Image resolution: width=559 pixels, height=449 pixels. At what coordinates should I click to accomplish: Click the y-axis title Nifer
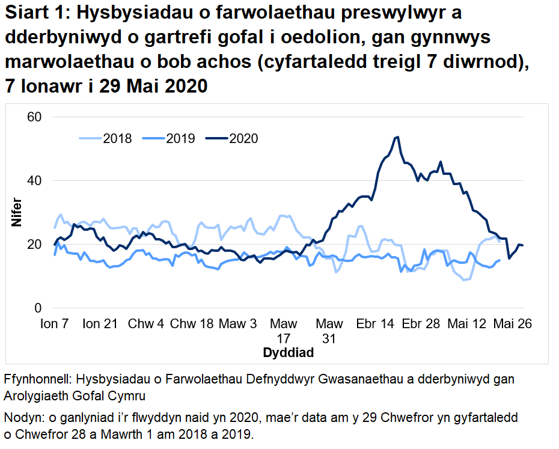pyautogui.click(x=16, y=212)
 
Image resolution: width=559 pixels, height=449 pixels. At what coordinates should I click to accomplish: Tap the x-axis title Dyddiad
pyautogui.click(x=288, y=353)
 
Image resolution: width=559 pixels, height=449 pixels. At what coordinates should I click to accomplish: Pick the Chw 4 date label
pyautogui.click(x=145, y=324)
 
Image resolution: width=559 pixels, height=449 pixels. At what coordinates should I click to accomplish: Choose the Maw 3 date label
pyautogui.click(x=237, y=324)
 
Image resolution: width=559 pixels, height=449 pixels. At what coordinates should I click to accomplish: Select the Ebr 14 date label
pyautogui.click(x=375, y=324)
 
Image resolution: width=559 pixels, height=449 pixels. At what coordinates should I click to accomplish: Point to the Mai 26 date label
pyautogui.click(x=512, y=324)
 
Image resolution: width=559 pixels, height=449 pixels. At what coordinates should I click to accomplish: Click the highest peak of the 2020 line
pyautogui.click(x=397, y=137)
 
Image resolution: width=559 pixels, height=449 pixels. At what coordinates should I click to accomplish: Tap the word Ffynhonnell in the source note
pyautogui.click(x=36, y=380)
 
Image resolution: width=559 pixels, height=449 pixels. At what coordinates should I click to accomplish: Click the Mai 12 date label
pyautogui.click(x=466, y=324)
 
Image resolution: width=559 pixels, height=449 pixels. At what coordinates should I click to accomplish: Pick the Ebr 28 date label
pyautogui.click(x=421, y=324)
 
